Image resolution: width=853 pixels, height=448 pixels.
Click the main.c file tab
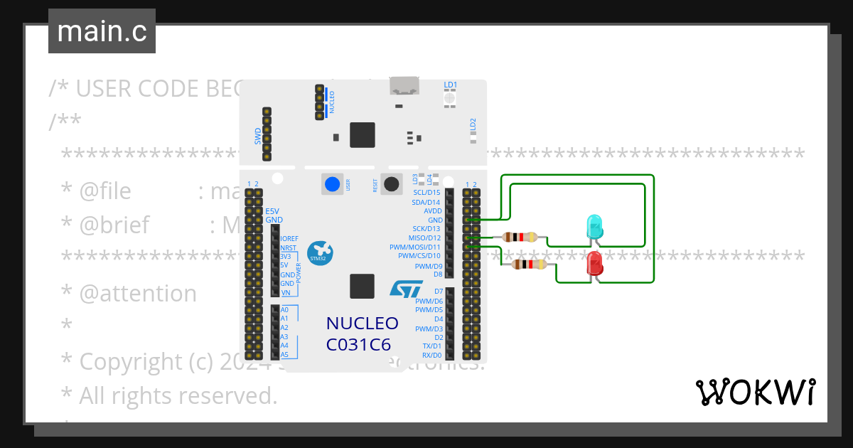pos(102,32)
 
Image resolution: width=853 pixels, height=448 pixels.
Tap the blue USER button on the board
pos(331,184)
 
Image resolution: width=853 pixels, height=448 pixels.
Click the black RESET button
pos(391,184)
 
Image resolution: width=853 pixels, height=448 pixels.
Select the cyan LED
pos(594,227)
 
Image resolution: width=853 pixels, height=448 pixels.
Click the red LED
pos(594,265)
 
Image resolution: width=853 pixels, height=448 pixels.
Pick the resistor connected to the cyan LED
pos(524,238)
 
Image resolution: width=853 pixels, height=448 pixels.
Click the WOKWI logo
pos(755,393)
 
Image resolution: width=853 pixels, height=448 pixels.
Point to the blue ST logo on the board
pos(406,288)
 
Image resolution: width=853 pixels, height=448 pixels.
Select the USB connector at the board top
pos(405,87)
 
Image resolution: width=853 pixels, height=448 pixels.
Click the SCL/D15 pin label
pos(426,193)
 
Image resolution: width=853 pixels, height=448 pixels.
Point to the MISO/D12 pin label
pos(424,238)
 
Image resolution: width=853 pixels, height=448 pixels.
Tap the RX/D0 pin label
pos(431,355)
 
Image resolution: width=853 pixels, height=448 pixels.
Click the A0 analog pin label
pos(284,310)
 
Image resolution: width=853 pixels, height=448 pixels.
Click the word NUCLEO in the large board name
pos(362,324)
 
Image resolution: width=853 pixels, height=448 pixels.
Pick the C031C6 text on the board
pos(362,345)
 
